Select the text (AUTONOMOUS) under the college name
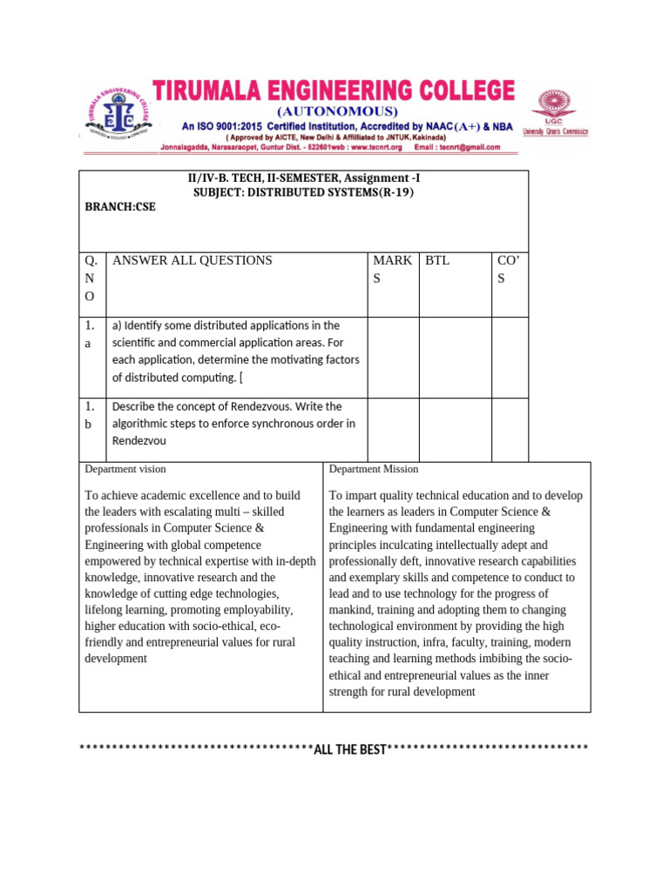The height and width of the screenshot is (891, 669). coord(336,111)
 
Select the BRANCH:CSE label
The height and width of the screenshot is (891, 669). coord(120,208)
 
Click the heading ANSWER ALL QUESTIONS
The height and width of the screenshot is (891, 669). coord(193,260)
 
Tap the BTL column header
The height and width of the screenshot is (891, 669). coord(437,260)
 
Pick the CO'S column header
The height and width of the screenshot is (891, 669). coord(507,269)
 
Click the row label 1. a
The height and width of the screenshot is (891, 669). coord(91,334)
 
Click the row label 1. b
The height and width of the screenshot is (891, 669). coord(91,415)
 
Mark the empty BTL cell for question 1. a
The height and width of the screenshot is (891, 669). coord(455,357)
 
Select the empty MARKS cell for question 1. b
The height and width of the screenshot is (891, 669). coord(392,429)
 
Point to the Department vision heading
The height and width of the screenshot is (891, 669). coord(125,469)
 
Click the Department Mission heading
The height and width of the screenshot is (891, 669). coord(374,469)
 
